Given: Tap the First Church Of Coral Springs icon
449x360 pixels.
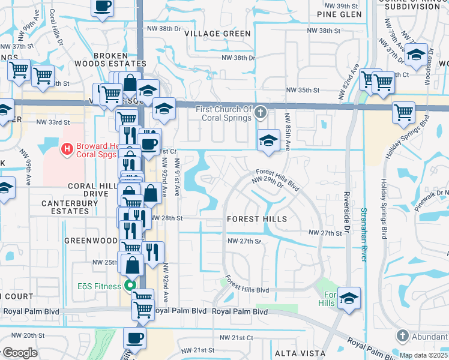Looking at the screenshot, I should pos(261,112).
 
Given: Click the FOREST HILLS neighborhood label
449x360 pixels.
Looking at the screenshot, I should pos(256,219).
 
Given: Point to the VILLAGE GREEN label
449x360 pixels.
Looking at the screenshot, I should pos(217,34).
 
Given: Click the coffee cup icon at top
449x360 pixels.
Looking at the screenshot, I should pos(103,7).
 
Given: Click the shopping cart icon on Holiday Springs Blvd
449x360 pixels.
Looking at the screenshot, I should pos(403,112).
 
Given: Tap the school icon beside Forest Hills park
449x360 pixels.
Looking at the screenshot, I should pos(348,298).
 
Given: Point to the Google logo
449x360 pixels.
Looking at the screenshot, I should pos(20,353).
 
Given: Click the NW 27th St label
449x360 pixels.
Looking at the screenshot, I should pos(325,232).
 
